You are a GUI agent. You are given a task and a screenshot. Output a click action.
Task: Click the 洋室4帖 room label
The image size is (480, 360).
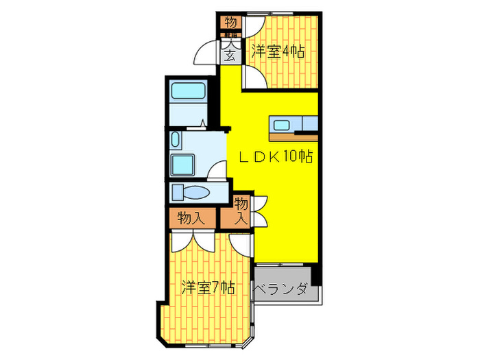[x=278, y=51]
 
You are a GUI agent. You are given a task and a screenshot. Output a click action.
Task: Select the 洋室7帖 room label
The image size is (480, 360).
[x=208, y=287]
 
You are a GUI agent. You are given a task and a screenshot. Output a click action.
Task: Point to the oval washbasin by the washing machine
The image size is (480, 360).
[x=176, y=142]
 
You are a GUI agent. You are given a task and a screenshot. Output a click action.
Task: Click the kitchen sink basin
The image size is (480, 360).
[x=281, y=125]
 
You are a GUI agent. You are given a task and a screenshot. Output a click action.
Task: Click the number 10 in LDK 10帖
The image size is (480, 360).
[x=290, y=156]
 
